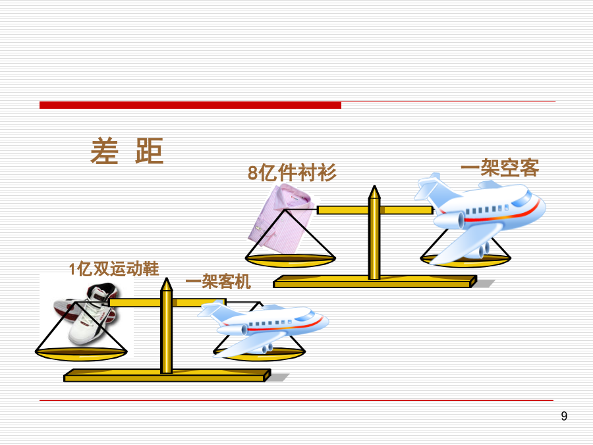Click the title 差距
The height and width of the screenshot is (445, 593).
pyautogui.click(x=127, y=150)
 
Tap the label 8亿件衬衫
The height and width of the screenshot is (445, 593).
pyautogui.click(x=292, y=173)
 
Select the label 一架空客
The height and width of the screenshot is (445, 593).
pyautogui.click(x=499, y=167)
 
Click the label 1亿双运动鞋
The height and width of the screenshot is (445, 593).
pyautogui.click(x=114, y=269)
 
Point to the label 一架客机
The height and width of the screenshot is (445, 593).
pyautogui.click(x=218, y=281)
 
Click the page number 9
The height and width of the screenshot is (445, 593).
pyautogui.click(x=564, y=416)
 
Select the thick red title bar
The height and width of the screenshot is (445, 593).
pyautogui.click(x=190, y=105)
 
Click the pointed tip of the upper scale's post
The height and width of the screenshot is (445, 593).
pyautogui.click(x=374, y=186)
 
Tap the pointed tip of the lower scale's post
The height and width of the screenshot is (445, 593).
pyautogui.click(x=167, y=278)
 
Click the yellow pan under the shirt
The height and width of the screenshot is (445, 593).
pyautogui.click(x=291, y=260)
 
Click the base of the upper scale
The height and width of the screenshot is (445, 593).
pyautogui.click(x=375, y=282)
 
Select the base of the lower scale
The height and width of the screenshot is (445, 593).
pyautogui.click(x=167, y=375)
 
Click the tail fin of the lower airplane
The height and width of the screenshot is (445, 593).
pyautogui.click(x=213, y=309)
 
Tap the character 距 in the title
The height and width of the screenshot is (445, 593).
pyautogui.click(x=150, y=150)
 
